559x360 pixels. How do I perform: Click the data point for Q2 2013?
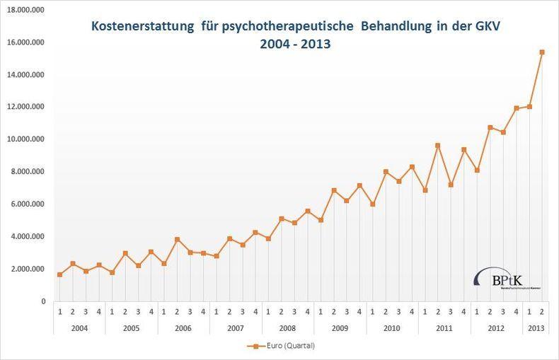(542, 52)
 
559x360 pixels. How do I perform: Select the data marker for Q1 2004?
(59, 274)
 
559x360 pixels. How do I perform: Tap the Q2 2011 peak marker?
(438, 146)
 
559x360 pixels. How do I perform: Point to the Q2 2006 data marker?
(177, 239)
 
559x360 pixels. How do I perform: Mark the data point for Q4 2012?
(516, 108)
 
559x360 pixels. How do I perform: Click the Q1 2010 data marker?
(373, 204)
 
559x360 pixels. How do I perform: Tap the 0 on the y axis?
(42, 301)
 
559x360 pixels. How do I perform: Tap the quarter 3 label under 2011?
(451, 313)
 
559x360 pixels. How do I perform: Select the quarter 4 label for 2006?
(203, 313)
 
